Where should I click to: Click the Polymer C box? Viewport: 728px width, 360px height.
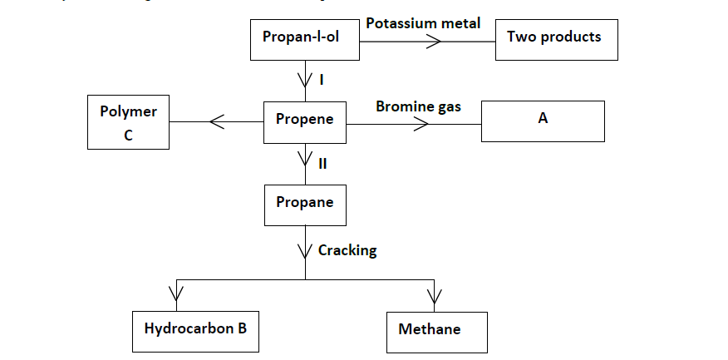click(x=128, y=123)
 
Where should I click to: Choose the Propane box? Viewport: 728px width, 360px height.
click(x=304, y=205)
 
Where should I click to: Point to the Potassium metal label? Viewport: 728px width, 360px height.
click(x=423, y=23)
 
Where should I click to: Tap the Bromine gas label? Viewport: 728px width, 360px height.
click(x=418, y=106)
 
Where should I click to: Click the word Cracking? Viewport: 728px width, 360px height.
click(x=347, y=250)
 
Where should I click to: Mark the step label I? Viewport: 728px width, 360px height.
click(x=321, y=80)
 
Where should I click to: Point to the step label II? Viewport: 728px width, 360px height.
click(x=322, y=163)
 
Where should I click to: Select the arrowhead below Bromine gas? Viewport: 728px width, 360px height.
click(x=421, y=124)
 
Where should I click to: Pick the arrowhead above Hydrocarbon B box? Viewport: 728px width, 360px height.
click(x=176, y=294)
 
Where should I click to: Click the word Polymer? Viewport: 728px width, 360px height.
click(x=128, y=111)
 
